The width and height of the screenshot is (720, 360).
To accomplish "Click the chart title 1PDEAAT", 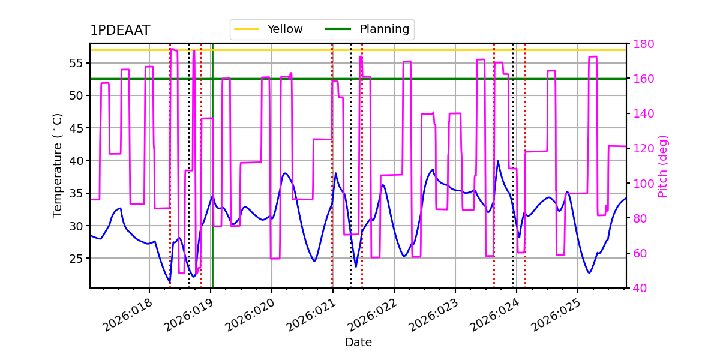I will coord(120,31).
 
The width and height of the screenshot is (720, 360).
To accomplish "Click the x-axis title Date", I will coord(358,343).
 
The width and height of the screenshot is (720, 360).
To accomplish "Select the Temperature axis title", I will coord(58,166).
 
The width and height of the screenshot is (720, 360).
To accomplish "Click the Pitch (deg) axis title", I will coord(663,166).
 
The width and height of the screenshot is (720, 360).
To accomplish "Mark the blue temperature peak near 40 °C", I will coord(498,161).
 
